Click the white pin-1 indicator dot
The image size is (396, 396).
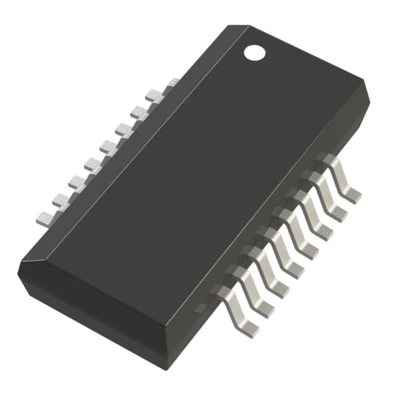click(254, 53)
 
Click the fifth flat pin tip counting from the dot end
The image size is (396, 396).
click(108, 147)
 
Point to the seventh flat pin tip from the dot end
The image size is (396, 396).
click(77, 182)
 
